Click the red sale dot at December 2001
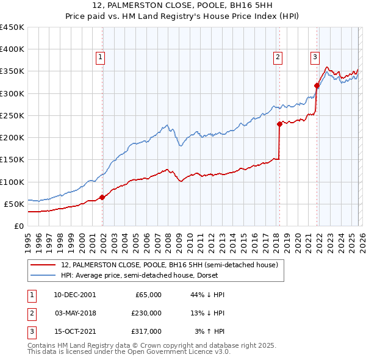[102, 197]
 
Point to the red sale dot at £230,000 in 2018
[279, 124]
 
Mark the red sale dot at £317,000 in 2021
[317, 85]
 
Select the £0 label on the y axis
[18, 226]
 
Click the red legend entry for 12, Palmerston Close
[170, 265]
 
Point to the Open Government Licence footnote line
[129, 352]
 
